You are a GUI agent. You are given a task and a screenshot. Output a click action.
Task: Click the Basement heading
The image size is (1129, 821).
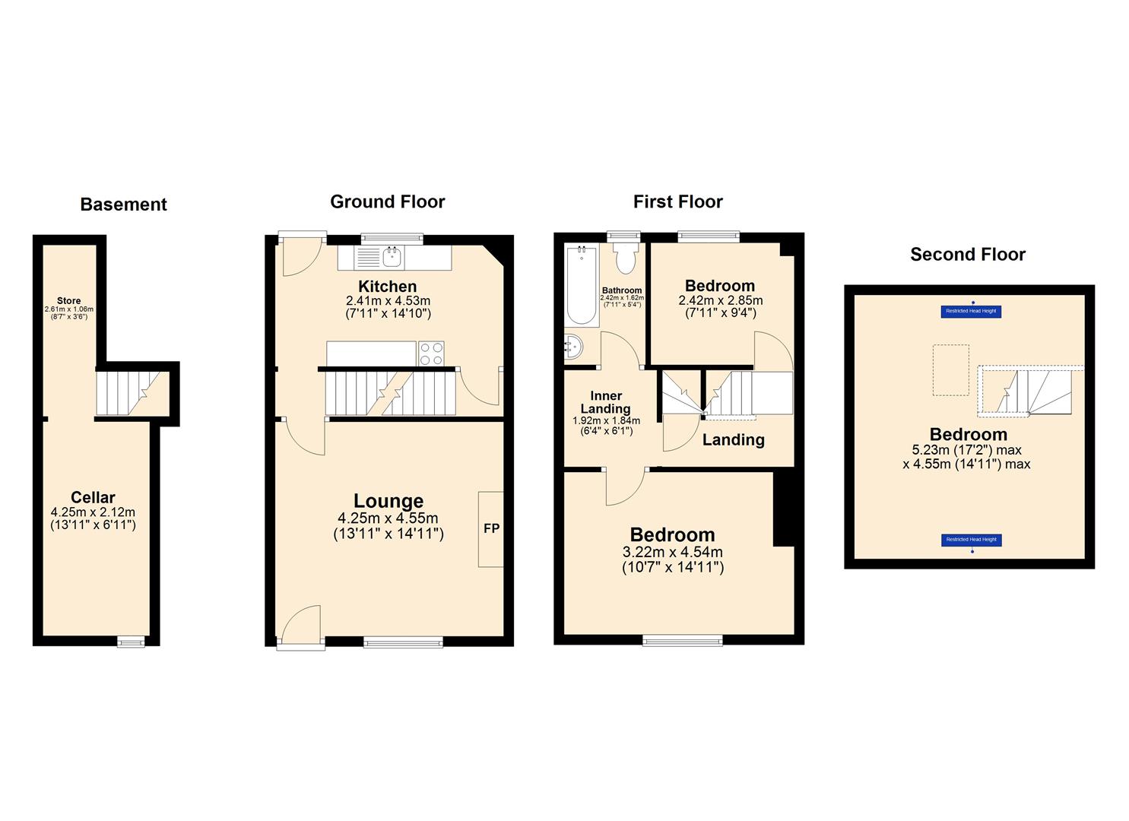click(123, 204)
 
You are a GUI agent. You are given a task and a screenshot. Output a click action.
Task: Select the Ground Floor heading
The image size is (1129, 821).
click(387, 201)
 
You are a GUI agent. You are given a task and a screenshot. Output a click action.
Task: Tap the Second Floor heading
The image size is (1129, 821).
click(967, 255)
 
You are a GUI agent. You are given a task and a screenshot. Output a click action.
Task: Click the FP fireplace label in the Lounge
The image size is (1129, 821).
click(491, 528)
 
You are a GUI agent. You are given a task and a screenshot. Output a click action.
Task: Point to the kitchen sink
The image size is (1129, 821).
click(392, 257)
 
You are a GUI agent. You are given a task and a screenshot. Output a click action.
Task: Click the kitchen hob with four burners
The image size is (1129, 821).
click(431, 353)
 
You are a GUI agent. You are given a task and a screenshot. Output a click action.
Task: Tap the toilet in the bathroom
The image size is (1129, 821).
click(626, 258)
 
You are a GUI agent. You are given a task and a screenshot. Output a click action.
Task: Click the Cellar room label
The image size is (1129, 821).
click(93, 499)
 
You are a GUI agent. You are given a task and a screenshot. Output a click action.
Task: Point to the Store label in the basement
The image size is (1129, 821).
click(68, 301)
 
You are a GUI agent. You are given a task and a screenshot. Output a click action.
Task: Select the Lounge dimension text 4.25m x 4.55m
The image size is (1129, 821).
click(388, 518)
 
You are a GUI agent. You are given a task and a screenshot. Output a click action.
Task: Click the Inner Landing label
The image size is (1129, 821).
click(606, 402)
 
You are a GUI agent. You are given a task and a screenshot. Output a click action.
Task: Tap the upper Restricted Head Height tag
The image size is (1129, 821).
click(972, 311)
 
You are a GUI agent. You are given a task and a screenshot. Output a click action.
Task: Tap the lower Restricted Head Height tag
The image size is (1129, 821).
click(972, 540)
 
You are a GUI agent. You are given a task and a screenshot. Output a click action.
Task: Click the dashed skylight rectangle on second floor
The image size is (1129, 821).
click(950, 370)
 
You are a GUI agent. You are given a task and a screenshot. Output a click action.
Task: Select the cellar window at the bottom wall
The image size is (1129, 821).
click(131, 642)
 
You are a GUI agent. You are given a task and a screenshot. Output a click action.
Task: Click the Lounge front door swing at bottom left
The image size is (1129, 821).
click(300, 626)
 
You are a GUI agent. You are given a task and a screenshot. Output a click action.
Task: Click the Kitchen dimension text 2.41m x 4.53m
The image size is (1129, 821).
click(388, 300)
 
